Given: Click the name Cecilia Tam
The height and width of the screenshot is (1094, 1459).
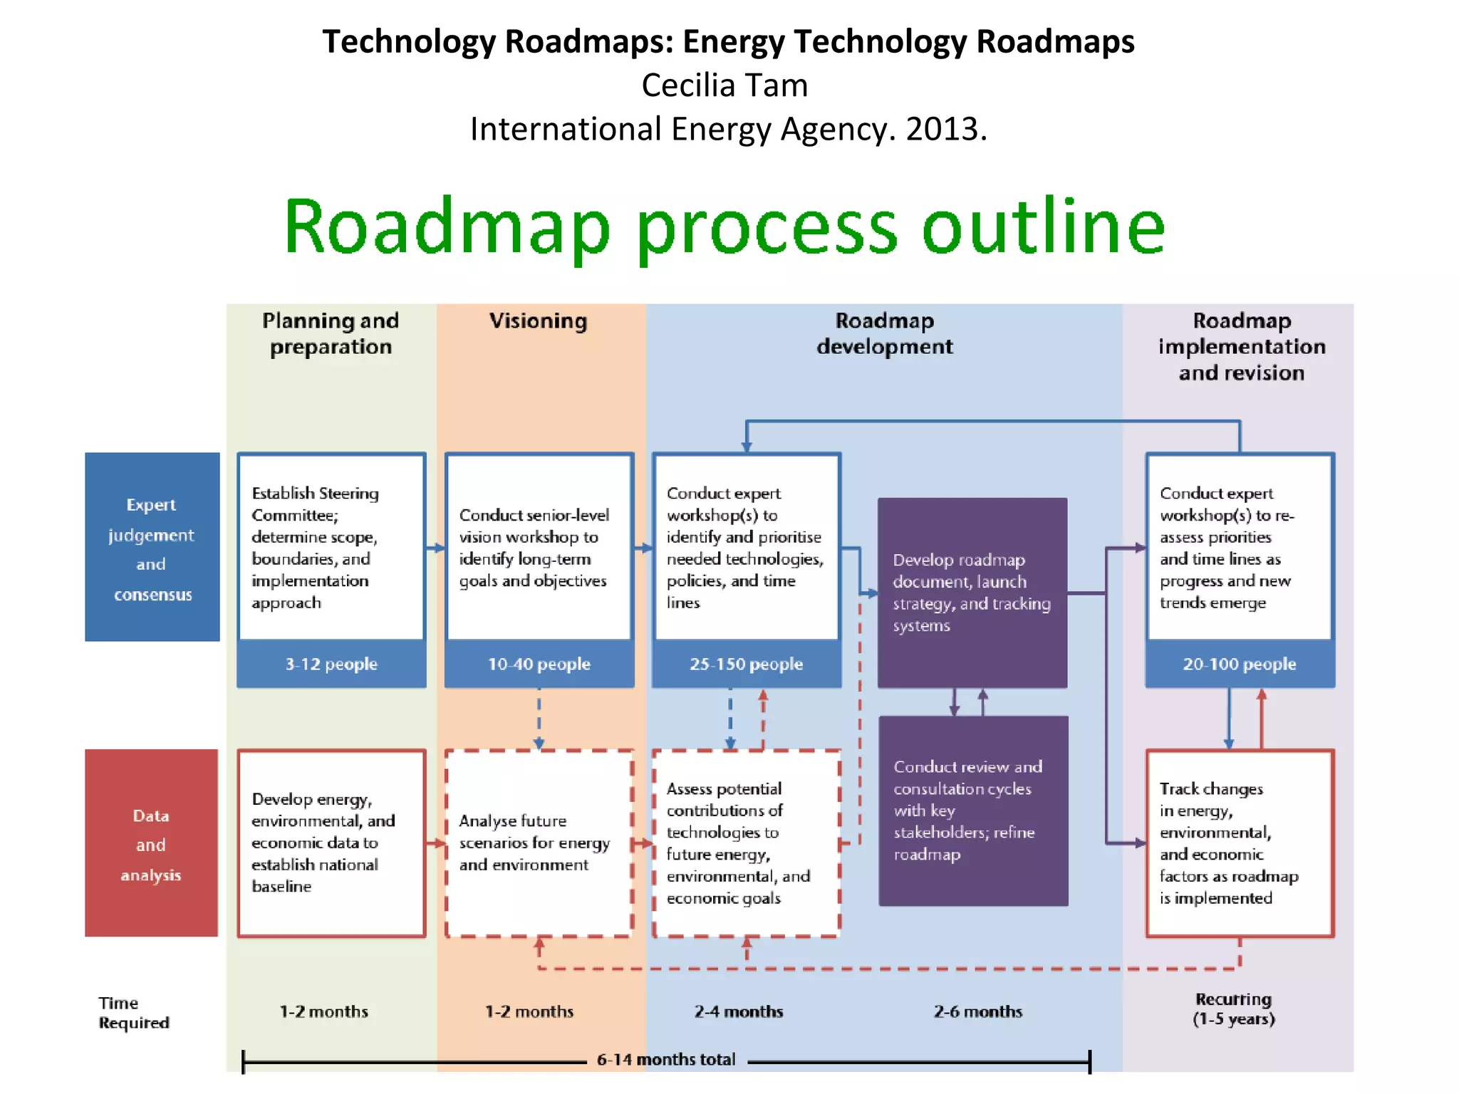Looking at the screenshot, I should (x=725, y=85).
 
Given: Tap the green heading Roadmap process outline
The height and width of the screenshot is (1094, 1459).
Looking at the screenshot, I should (x=725, y=226).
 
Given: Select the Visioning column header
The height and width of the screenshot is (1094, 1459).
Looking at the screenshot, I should (x=539, y=321).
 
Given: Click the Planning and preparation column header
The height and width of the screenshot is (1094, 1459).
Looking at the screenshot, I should (x=331, y=333).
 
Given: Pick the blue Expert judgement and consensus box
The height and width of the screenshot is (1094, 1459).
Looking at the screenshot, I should (x=152, y=547).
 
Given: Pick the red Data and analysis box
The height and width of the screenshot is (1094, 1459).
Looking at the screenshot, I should (x=151, y=843).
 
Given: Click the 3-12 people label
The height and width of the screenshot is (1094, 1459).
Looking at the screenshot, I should (x=331, y=664).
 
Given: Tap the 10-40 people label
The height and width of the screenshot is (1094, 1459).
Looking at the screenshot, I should (x=539, y=664).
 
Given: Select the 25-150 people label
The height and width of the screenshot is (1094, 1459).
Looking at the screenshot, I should (x=746, y=664).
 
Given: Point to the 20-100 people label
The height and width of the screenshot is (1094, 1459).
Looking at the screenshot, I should (x=1240, y=664).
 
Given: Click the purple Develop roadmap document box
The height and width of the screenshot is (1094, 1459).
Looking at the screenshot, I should (x=972, y=593).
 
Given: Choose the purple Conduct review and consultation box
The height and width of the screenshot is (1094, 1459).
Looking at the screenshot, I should (x=973, y=811).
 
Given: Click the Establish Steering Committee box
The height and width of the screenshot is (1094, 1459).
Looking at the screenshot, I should (x=331, y=547).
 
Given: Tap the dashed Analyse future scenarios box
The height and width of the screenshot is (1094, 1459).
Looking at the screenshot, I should (x=539, y=843).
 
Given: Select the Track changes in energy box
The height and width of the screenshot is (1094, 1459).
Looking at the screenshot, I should (x=1240, y=843).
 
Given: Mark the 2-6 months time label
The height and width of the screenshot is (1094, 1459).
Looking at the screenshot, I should (x=978, y=1011).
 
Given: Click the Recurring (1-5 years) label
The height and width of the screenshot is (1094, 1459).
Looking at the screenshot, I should (x=1234, y=1009).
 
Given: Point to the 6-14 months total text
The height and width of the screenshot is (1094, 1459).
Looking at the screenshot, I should (x=666, y=1060).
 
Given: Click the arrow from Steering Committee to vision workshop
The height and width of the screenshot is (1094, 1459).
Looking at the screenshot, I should (x=435, y=548).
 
